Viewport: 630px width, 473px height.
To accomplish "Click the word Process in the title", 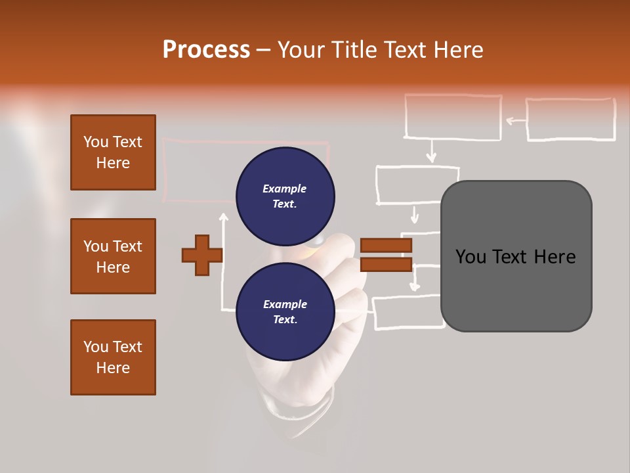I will click(206, 50).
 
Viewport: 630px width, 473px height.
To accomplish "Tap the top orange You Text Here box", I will click(113, 152).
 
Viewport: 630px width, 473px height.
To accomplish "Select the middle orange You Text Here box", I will click(113, 256).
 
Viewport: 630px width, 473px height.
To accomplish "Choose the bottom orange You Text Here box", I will click(113, 357).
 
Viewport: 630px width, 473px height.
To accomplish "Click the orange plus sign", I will click(202, 255).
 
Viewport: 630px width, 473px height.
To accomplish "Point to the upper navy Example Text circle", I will click(285, 196).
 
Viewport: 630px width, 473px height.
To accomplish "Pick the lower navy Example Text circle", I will click(285, 311).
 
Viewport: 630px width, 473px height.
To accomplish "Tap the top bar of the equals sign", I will click(386, 246).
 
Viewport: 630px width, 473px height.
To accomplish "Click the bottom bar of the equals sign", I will click(386, 264).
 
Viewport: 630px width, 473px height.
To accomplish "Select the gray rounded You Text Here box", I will click(516, 256).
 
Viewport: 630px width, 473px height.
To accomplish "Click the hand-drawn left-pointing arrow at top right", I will click(515, 120).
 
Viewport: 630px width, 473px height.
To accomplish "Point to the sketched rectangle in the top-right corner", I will click(570, 120).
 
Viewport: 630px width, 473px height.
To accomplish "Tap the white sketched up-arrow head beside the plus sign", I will click(223, 217).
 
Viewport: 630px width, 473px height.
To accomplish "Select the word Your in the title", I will click(302, 50).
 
